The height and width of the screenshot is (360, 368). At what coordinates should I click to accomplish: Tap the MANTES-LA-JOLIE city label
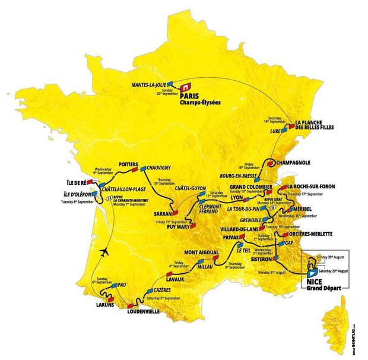[x=148, y=85]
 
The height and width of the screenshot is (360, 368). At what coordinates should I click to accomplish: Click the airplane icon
[x=106, y=251]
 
